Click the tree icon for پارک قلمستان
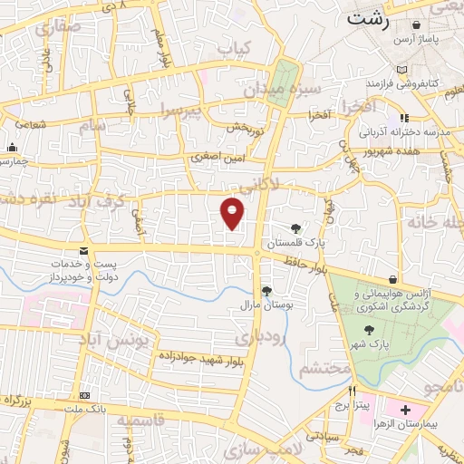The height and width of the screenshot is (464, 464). point(295,228)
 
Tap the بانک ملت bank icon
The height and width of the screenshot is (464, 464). point(84,396)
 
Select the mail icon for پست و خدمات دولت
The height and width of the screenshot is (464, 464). point(83,251)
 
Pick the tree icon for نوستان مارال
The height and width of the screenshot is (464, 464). point(266,290)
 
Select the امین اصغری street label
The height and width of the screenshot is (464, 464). point(217,157)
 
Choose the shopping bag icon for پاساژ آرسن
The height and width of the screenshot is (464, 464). point(401,40)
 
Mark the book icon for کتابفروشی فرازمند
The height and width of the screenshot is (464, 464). point(401,69)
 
